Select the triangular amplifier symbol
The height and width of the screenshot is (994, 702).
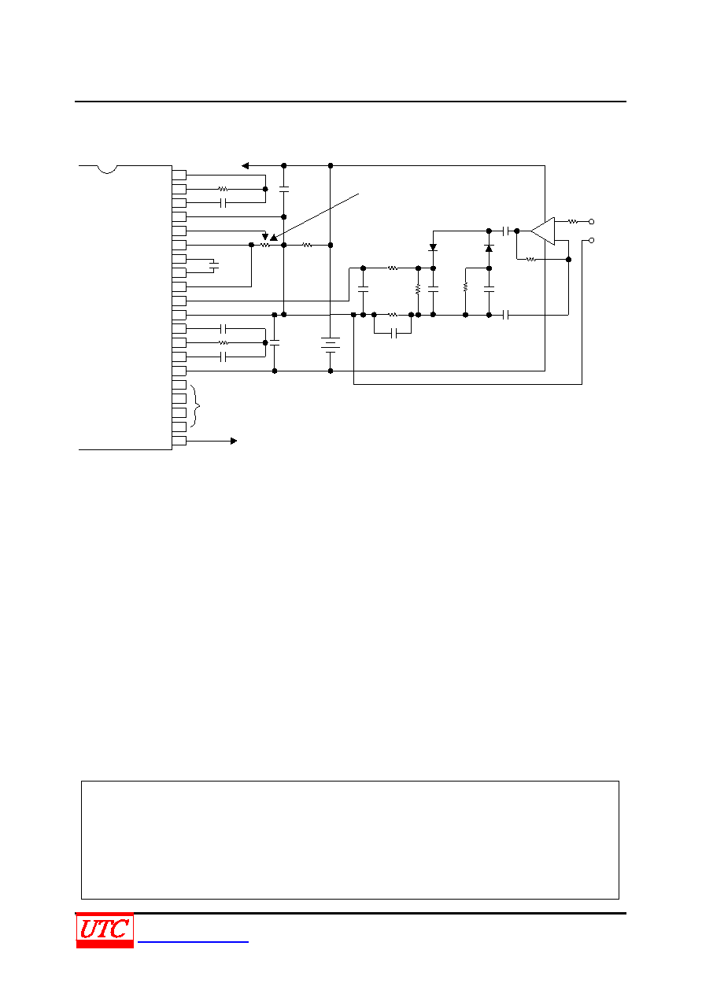click(543, 231)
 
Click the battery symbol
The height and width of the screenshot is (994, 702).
click(330, 345)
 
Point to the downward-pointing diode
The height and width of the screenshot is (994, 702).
click(433, 247)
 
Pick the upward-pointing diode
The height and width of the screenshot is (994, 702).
click(489, 249)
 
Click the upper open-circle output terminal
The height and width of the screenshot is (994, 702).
click(591, 221)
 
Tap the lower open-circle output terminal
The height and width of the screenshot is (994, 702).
click(591, 240)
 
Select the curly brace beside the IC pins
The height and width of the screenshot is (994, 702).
click(196, 405)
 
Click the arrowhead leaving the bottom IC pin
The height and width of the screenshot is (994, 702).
click(234, 441)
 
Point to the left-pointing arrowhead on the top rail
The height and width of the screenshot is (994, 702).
click(245, 165)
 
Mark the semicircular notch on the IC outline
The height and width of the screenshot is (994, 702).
click(107, 169)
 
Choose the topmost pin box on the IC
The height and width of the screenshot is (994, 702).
click(179, 175)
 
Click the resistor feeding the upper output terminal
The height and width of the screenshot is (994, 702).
click(573, 221)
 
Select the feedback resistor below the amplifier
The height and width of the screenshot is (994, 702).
click(530, 259)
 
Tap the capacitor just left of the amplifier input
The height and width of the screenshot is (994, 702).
click(505, 231)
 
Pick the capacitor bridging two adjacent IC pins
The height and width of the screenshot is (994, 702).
click(214, 266)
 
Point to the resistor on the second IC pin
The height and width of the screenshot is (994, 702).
click(224, 189)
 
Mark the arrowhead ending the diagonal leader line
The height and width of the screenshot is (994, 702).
click(273, 238)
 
